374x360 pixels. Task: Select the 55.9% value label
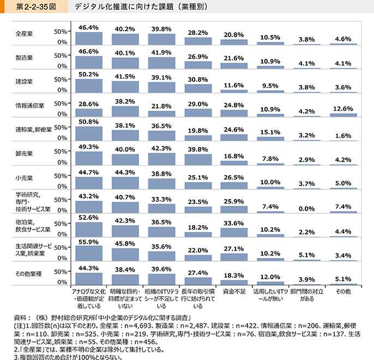(x=88, y=242)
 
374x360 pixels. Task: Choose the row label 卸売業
(x=25, y=154)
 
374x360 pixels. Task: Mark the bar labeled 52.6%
(x=88, y=229)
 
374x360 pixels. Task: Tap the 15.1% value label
(x=270, y=131)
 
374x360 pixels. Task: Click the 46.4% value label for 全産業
(x=88, y=27)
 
